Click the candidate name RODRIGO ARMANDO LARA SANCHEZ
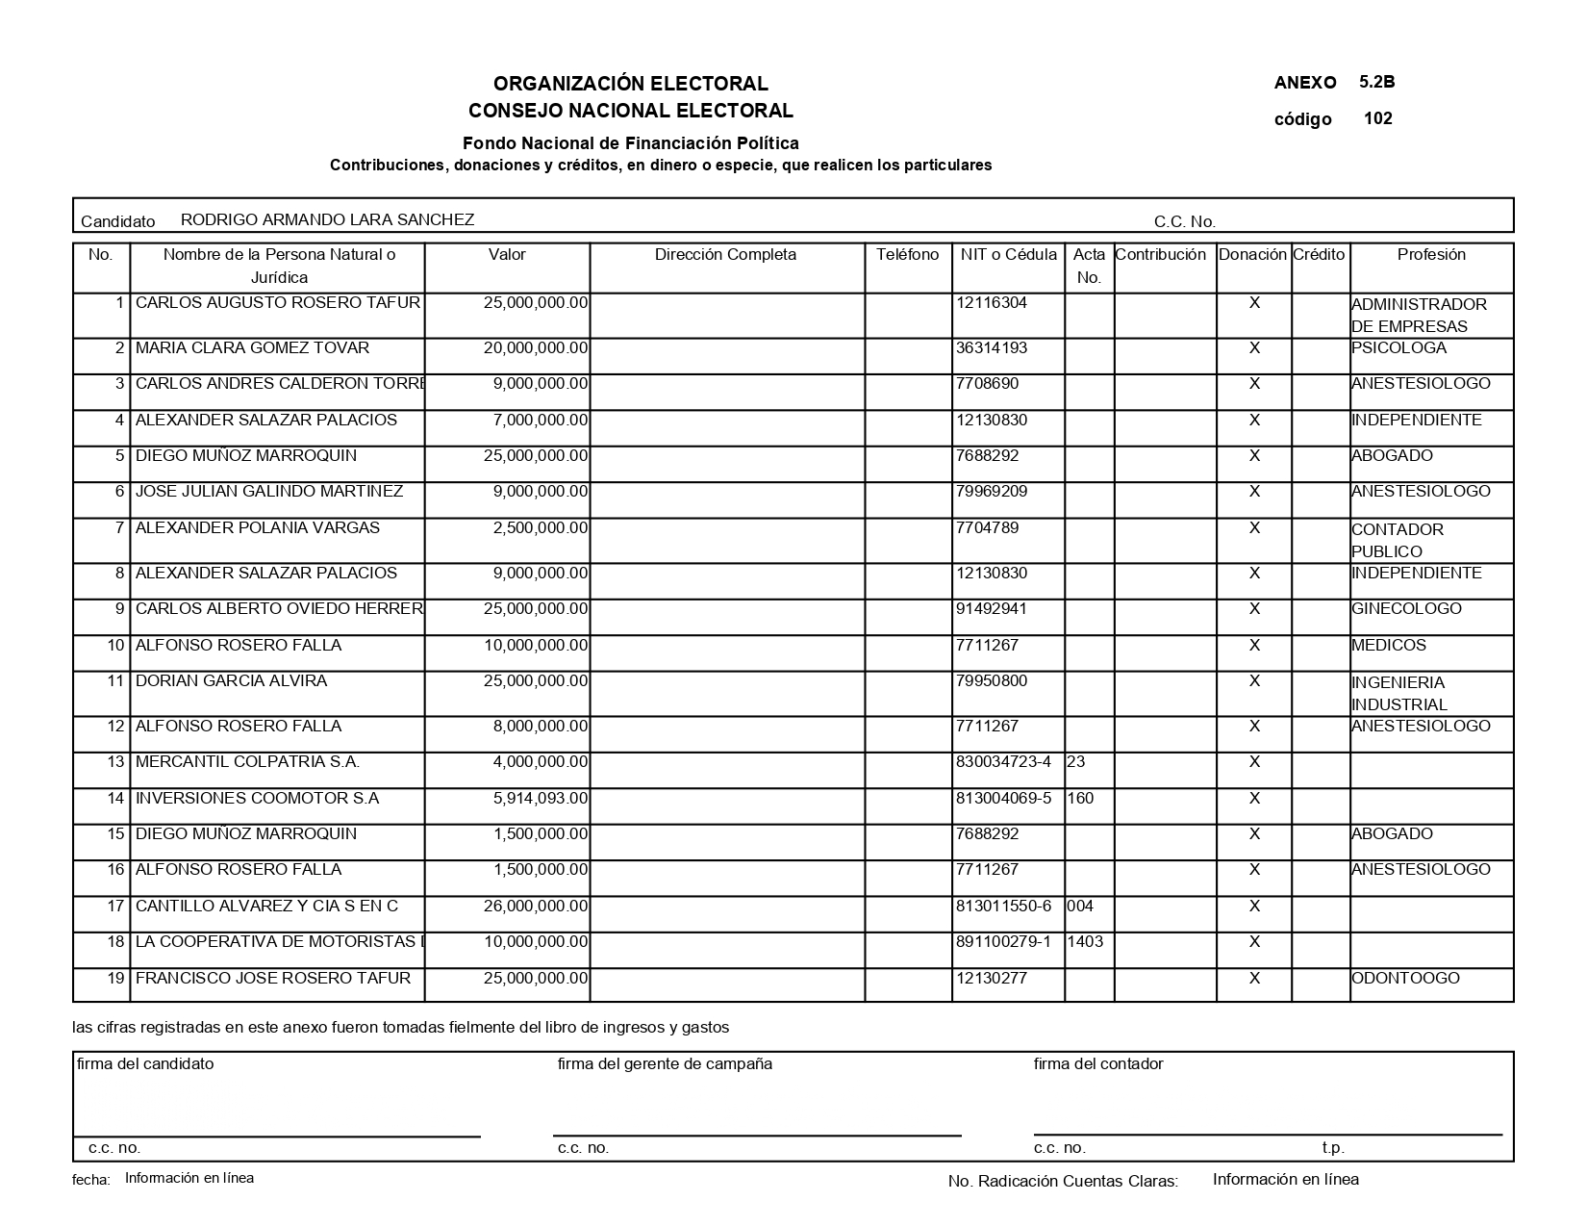(327, 219)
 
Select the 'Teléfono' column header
(907, 255)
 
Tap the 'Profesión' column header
(1431, 255)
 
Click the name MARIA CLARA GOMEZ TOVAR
(252, 348)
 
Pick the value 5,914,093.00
(540, 799)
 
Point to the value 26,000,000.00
(535, 907)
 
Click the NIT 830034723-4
(1004, 762)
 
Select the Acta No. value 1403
(1085, 942)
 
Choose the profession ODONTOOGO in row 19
(1405, 979)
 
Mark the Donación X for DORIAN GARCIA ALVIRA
(1254, 681)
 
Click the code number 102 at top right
(1377, 119)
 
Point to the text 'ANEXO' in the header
(1305, 83)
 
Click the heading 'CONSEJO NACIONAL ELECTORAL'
(631, 111)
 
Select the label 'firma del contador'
(1098, 1064)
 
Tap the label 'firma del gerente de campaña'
(665, 1064)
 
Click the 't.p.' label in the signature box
(1333, 1148)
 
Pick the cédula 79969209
(992, 492)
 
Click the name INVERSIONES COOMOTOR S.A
(257, 799)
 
